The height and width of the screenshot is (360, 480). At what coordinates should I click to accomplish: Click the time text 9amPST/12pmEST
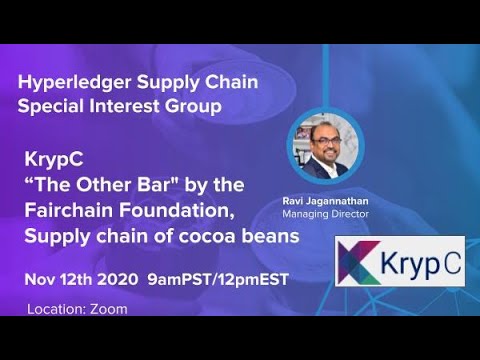pos(217,279)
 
